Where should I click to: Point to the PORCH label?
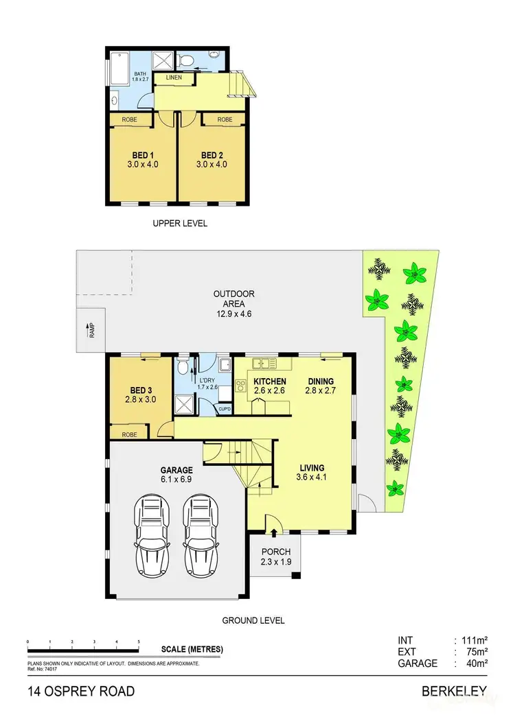[x=277, y=552]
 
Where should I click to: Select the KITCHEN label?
[x=269, y=381]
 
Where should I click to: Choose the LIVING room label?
[x=310, y=468]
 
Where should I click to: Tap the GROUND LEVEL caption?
[x=253, y=620]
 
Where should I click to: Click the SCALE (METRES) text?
[x=192, y=649]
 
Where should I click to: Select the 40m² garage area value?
[x=477, y=664]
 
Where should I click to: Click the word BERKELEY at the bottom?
[x=455, y=691]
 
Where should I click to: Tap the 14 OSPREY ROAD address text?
[x=81, y=691]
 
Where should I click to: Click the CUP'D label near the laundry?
[x=225, y=410]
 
